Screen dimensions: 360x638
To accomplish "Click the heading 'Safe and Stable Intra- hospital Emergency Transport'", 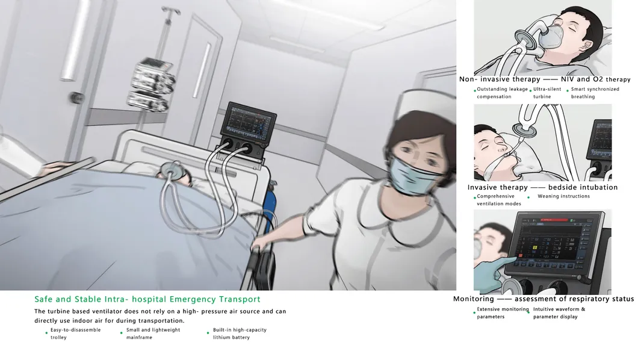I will [147, 299].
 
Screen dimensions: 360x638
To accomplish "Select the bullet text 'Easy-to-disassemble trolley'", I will [75, 334].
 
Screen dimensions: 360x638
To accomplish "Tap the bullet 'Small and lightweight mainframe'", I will [152, 334].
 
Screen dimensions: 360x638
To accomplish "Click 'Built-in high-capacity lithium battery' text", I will [239, 334].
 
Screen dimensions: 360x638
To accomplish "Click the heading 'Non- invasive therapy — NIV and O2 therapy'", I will [544, 79].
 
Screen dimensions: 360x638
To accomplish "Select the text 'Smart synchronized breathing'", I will [595, 93].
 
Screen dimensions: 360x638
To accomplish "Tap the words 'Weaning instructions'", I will [563, 196].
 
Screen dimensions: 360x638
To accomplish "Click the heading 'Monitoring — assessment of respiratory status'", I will [543, 299].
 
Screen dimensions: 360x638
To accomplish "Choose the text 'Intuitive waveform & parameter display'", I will [559, 313].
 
